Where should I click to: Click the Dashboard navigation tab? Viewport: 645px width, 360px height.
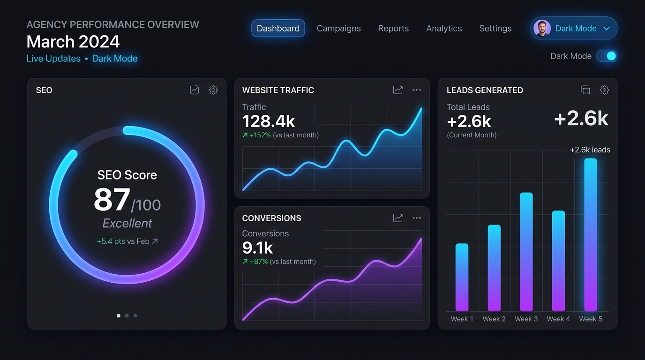pos(278,28)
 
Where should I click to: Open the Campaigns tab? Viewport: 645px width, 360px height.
pos(338,29)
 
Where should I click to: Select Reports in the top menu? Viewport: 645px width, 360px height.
pos(393,28)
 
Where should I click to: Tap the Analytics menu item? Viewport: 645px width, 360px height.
pos(444,29)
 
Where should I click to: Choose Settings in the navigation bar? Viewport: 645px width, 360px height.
pos(495,29)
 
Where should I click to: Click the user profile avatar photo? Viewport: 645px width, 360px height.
pos(542,28)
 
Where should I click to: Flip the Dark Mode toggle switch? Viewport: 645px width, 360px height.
pos(607,56)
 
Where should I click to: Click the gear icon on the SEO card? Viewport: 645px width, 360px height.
pos(213,90)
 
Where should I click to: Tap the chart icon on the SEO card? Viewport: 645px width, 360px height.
pos(195,90)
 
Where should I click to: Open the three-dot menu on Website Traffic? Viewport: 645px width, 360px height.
pos(417,90)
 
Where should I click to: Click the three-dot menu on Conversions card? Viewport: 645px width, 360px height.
pos(417,218)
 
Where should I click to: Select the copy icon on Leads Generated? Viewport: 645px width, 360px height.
pos(585,90)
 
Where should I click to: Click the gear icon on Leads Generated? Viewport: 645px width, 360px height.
pos(604,90)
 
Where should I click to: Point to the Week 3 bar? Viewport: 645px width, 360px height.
pos(526,252)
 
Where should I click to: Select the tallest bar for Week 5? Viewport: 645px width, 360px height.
pos(591,235)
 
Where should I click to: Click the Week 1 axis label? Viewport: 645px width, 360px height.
pos(462,319)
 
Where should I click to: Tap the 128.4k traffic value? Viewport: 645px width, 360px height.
pos(269,121)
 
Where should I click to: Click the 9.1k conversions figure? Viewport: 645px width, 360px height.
pos(257,247)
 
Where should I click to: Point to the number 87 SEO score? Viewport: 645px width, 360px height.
pos(112,200)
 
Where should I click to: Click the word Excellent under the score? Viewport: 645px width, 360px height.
pos(127,223)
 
